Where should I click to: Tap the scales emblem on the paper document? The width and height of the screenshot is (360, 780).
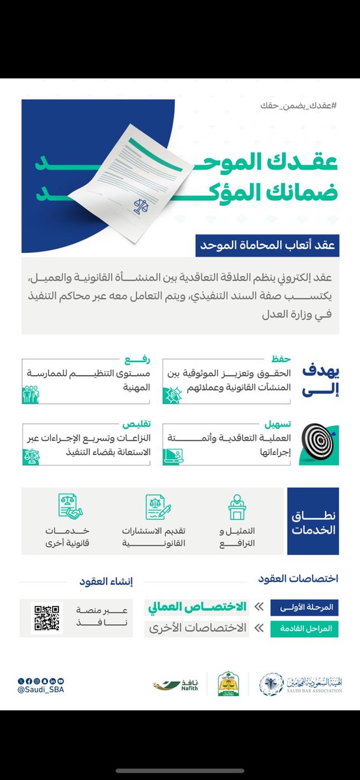pyautogui.click(x=140, y=206)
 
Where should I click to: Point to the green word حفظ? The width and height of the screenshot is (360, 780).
pyautogui.click(x=280, y=358)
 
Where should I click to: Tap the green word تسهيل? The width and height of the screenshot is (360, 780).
pyautogui.click(x=277, y=422)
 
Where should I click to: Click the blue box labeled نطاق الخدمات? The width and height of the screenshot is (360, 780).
pyautogui.click(x=313, y=520)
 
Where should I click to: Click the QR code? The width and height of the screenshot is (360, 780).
pyautogui.click(x=47, y=617)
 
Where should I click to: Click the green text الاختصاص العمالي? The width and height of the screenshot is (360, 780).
pyautogui.click(x=197, y=607)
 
